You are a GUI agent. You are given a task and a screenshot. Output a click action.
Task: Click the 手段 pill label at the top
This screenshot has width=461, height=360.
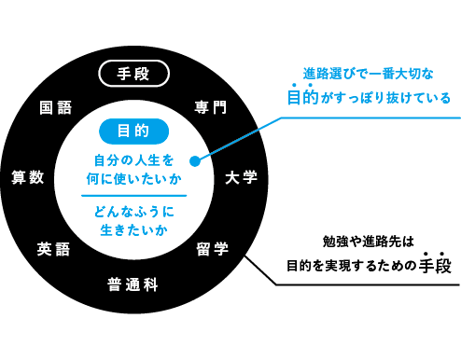[133, 73]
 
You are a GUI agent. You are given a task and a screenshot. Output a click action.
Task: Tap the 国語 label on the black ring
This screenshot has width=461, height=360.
[56, 107]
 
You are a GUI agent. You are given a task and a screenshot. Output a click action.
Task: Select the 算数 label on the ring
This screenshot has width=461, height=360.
[28, 177]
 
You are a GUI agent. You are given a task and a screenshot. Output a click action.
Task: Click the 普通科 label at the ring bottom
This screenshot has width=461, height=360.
[133, 284]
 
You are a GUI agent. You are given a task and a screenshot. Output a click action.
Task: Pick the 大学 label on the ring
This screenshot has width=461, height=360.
[241, 177]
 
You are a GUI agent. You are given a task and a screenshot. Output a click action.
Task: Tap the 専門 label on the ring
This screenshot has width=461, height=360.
[211, 107]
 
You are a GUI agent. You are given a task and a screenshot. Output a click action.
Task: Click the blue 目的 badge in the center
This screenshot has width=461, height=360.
[133, 130]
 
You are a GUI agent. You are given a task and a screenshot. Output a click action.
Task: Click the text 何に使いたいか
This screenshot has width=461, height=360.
[133, 177]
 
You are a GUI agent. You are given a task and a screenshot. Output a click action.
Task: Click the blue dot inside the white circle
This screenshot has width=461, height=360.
[194, 159]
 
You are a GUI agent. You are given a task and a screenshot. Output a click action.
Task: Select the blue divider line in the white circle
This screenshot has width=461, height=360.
[133, 195]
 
